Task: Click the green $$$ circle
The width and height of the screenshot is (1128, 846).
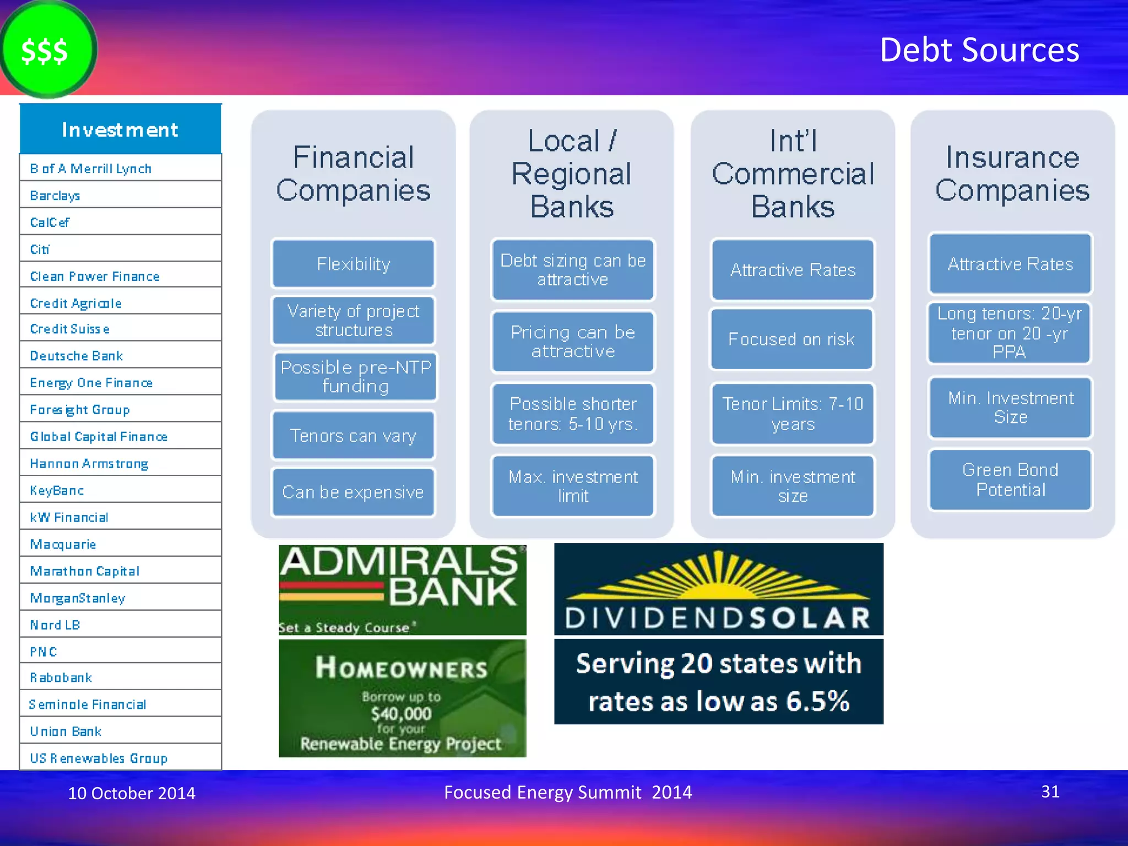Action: pyautogui.click(x=47, y=50)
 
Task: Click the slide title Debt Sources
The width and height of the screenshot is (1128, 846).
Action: pyautogui.click(x=979, y=50)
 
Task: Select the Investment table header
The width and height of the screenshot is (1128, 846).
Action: pyautogui.click(x=120, y=130)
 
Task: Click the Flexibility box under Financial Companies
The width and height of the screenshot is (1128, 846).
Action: pyautogui.click(x=353, y=264)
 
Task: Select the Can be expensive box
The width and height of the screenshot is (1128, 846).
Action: pyautogui.click(x=353, y=492)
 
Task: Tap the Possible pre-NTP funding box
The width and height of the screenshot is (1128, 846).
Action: pyautogui.click(x=355, y=377)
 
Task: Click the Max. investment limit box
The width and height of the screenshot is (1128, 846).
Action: pyautogui.click(x=573, y=486)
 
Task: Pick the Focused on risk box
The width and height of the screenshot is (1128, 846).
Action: pyautogui.click(x=791, y=339)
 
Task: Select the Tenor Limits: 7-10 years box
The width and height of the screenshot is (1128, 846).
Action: pyautogui.click(x=793, y=414)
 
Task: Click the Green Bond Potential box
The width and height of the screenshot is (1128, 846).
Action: pyautogui.click(x=1010, y=480)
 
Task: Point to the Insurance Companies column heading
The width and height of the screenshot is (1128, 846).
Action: pyautogui.click(x=1012, y=173)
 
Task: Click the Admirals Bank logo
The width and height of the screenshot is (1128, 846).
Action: pyautogui.click(x=402, y=589)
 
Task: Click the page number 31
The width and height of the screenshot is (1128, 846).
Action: pyautogui.click(x=1050, y=791)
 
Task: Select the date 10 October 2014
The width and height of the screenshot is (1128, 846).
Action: pyautogui.click(x=132, y=793)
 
